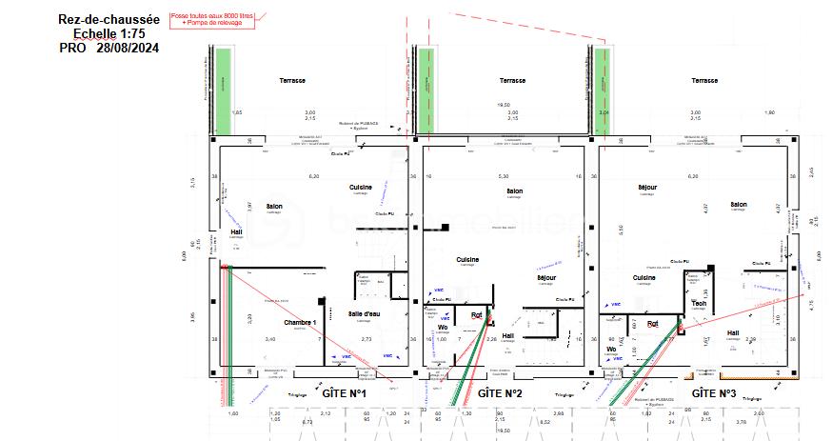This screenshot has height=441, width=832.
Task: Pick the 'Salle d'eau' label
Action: coord(365,313)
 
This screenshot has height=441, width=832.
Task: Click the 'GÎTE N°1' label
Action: coord(345,392)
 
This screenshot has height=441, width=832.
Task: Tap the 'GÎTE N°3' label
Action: coord(714,392)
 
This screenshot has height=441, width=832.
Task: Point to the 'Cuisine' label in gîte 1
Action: coord(360,188)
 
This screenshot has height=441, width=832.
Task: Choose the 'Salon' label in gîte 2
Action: coord(515,190)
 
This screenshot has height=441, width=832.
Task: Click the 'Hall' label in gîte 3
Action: coord(733,332)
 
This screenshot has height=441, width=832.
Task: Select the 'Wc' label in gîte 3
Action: coord(612,349)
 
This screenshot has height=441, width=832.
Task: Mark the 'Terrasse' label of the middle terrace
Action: coord(512,81)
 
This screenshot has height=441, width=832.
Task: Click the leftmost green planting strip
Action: coord(223,90)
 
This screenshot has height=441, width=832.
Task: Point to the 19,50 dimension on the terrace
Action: coord(504,105)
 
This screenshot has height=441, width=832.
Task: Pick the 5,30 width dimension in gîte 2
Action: coord(504,176)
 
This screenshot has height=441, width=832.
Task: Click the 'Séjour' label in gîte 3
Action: coord(647,188)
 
